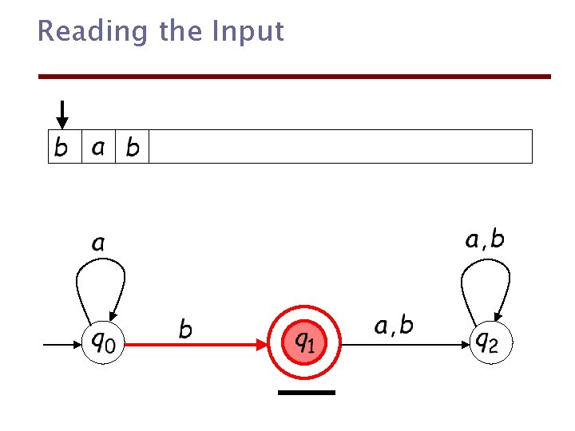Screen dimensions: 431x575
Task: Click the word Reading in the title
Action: (93, 32)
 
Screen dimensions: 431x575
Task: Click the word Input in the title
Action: (248, 32)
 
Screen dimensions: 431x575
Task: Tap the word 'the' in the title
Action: (181, 31)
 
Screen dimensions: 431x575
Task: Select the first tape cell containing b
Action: (65, 147)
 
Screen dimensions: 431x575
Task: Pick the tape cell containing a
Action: (99, 147)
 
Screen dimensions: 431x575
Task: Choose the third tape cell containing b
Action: (133, 147)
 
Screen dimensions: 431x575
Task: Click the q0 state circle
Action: (103, 344)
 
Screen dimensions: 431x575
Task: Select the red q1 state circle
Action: (303, 344)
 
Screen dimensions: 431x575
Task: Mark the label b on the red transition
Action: (185, 328)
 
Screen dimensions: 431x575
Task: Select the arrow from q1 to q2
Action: (408, 345)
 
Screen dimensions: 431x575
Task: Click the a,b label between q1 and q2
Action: (394, 326)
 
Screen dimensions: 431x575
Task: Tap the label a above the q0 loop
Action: (97, 242)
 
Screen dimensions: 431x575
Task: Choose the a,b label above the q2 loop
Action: (485, 239)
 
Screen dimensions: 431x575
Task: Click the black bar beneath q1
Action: (307, 393)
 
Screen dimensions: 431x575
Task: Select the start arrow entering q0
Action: (61, 345)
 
